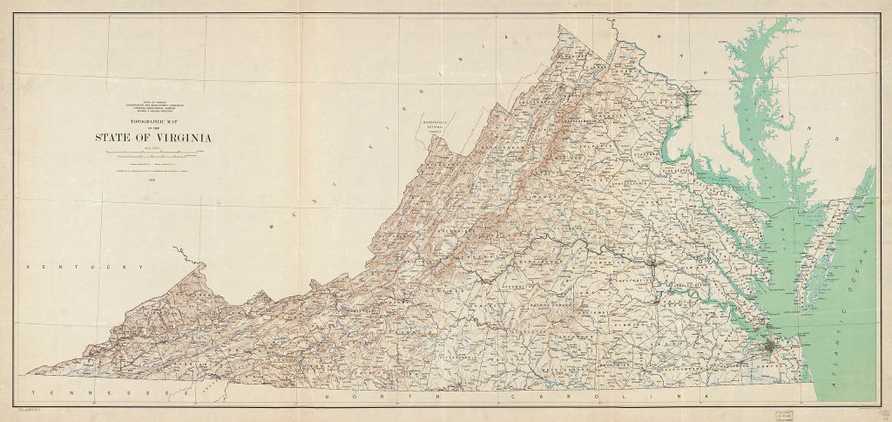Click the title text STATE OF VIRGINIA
pos(154,137)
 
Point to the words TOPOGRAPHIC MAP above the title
pos(154,123)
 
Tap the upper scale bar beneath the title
pos(154,152)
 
